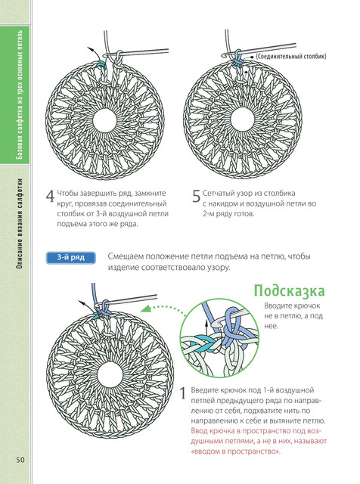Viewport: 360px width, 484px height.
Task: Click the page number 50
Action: point(20,460)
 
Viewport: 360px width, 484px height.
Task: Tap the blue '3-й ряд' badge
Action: point(70,258)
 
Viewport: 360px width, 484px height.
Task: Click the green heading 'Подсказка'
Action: point(290,290)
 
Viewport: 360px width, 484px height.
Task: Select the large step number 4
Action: point(51,196)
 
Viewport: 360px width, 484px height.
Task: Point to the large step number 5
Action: point(197,196)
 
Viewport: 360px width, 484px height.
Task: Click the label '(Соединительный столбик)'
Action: point(291,57)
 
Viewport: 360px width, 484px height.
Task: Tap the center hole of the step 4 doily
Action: point(104,120)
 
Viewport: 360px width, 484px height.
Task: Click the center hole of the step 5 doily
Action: point(242,119)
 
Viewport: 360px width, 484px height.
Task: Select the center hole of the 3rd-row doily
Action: point(110,374)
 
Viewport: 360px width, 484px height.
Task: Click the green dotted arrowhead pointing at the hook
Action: point(144,309)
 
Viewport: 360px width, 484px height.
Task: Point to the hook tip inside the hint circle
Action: point(213,324)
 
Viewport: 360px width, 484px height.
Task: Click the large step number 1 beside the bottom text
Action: point(183,393)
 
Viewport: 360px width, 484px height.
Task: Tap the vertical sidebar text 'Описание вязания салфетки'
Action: point(20,223)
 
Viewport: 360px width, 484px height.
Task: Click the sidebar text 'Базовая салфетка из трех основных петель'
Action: point(20,95)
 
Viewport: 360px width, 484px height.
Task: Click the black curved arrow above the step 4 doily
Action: point(96,53)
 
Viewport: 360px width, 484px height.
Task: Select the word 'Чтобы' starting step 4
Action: point(67,194)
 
